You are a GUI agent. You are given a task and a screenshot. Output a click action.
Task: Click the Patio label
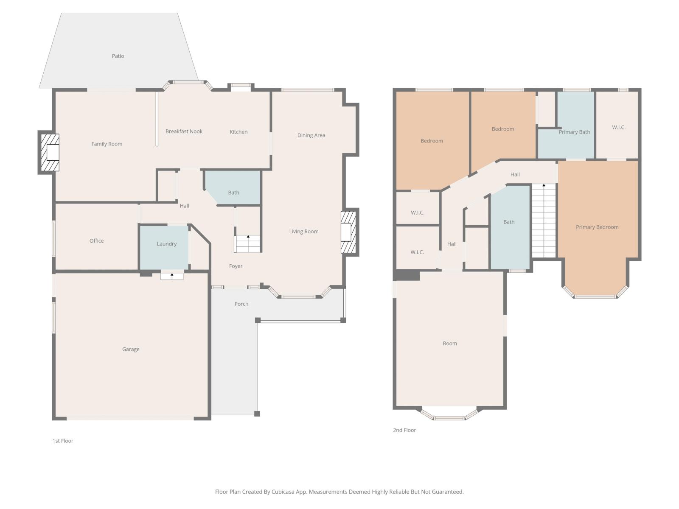(118, 56)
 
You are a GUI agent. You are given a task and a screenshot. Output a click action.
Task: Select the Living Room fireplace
(348, 232)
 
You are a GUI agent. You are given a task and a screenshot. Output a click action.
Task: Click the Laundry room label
(166, 244)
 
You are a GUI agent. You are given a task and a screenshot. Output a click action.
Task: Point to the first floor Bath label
(233, 193)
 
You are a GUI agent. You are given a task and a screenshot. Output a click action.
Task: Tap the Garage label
(131, 350)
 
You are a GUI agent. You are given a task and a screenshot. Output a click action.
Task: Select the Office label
(96, 241)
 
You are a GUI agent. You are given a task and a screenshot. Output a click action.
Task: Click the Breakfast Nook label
(184, 131)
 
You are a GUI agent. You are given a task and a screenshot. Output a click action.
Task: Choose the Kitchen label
(238, 132)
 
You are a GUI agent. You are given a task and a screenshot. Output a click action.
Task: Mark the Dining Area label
(311, 135)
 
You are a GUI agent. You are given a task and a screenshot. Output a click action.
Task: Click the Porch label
(241, 304)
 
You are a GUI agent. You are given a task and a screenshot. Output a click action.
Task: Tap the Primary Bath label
(574, 132)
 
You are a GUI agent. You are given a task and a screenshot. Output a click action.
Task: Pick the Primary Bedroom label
(597, 227)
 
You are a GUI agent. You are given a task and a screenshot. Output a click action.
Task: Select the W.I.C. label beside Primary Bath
(618, 127)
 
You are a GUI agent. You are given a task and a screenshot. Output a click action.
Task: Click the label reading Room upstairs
(450, 344)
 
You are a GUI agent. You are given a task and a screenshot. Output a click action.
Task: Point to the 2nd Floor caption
(404, 430)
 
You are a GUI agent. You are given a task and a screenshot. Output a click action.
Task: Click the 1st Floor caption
(63, 441)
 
